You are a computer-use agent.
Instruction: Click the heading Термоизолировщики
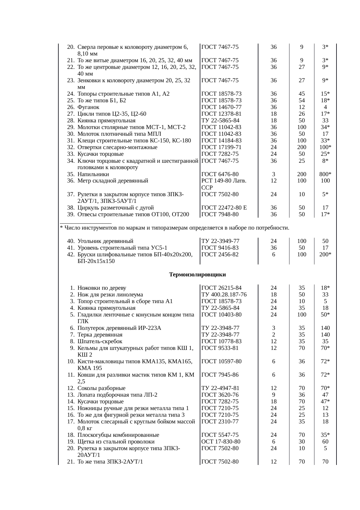point(197,275)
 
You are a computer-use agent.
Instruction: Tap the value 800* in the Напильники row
point(325,174)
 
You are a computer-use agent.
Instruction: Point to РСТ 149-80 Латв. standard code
point(224,181)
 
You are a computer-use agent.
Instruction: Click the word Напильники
point(93,174)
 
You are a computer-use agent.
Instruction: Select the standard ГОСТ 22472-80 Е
point(224,208)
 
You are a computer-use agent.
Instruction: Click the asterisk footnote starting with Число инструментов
point(174,228)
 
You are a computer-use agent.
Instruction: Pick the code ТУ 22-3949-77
point(220,241)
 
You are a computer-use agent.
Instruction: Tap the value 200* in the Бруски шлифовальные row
point(325,254)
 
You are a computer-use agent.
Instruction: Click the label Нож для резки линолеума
point(110,295)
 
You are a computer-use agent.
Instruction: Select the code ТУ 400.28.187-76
point(224,295)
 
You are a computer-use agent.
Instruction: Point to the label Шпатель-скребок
point(100,341)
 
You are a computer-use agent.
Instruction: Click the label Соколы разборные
point(101,388)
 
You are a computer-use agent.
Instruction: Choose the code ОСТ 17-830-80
point(221,442)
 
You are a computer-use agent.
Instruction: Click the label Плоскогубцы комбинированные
point(118,435)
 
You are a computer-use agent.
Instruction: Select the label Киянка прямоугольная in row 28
point(106,121)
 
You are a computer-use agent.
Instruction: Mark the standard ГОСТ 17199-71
point(221,147)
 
